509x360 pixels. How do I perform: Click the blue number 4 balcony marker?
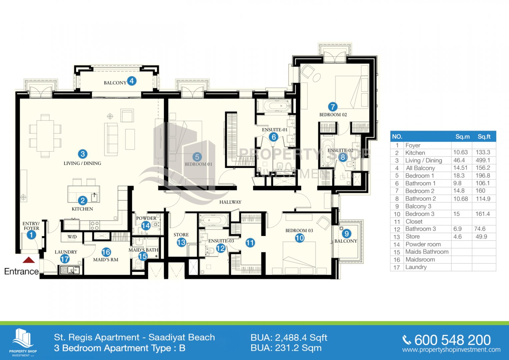coord(132,81)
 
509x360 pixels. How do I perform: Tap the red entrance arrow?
coord(29,260)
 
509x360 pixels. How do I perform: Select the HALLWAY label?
coord(230,202)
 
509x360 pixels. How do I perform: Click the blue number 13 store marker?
coord(181,243)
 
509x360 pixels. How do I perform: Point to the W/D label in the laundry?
coord(72,237)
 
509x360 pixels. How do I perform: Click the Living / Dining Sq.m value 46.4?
coord(459,160)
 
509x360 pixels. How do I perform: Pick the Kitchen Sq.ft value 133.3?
coord(483,152)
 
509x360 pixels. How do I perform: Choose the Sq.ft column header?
coord(484,137)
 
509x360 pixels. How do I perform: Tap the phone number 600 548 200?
coord(452,340)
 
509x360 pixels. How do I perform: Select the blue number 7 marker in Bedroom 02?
coord(333,107)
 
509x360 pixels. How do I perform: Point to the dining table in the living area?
coord(45,136)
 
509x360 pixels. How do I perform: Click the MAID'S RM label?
coord(106,260)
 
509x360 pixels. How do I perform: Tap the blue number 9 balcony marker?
coord(347,233)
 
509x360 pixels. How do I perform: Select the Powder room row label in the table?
coord(423,244)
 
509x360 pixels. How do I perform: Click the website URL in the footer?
coord(451,350)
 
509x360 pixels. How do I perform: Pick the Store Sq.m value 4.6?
coord(457,237)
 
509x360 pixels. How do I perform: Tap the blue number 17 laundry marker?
coord(65,259)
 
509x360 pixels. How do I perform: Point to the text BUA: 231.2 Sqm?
coord(286,348)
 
